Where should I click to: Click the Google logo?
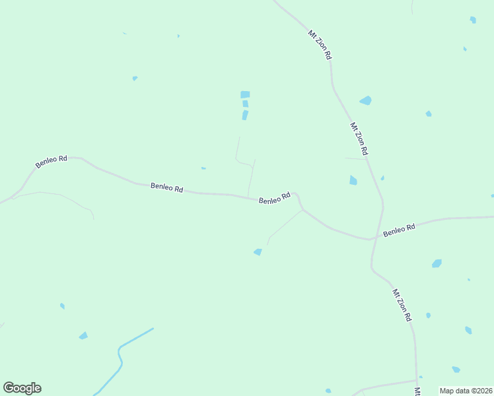tap(22, 388)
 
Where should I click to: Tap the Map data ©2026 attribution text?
tap(466, 391)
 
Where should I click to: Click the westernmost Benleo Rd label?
tap(52, 161)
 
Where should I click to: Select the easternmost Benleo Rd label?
tap(399, 230)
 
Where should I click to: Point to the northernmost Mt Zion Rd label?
tap(320, 45)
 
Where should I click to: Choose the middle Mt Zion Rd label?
tap(359, 139)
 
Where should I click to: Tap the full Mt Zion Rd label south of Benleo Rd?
tap(402, 305)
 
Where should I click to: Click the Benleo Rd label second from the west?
tap(166, 187)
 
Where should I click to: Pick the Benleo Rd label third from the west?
tap(275, 198)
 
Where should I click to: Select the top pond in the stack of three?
tap(245, 94)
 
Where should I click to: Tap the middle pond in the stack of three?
tap(246, 104)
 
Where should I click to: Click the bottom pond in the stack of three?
tap(245, 115)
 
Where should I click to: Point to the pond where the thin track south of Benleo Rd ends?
tap(258, 251)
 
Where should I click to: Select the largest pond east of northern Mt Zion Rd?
tap(365, 100)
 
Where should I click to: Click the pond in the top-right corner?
tap(473, 20)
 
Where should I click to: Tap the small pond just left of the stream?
tap(83, 336)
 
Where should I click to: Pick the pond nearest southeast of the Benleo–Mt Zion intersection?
tap(437, 263)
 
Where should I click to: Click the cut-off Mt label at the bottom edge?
tap(418, 391)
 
